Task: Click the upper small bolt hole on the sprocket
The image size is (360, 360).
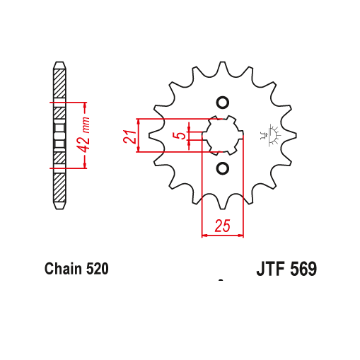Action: click(223, 103)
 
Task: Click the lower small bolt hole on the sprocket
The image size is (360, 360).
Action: click(223, 168)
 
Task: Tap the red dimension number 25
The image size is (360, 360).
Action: click(222, 226)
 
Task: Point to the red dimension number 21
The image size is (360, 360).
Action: click(129, 137)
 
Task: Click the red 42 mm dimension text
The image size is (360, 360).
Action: click(83, 134)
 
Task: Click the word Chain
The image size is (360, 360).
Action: click(64, 269)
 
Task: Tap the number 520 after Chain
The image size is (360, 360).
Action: click(98, 269)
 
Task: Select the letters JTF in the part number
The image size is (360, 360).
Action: click(271, 269)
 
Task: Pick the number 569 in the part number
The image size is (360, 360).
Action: click(303, 269)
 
